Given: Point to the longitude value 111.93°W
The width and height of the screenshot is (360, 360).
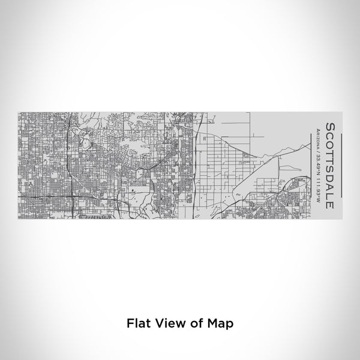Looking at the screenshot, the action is pos(316,187).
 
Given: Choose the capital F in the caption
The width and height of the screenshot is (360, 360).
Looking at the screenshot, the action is pos(129,322).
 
